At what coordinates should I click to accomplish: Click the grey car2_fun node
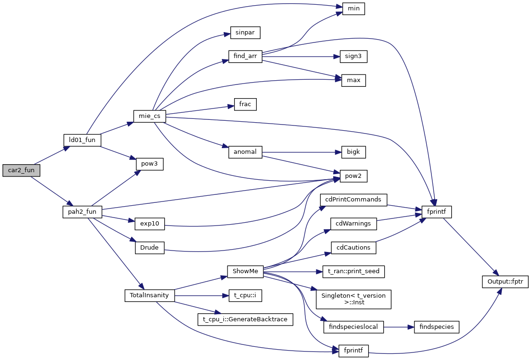tap(21, 170)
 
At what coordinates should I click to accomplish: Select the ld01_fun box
tap(82, 140)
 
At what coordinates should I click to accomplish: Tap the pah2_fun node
tap(82, 212)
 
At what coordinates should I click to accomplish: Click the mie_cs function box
tap(149, 116)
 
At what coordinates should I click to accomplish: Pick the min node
tap(354, 8)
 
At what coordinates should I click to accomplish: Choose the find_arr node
tap(245, 56)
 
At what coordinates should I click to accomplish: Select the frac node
tap(245, 104)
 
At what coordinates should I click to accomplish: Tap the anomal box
tap(245, 152)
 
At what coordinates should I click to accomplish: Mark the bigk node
tap(354, 152)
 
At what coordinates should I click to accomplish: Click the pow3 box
tap(149, 164)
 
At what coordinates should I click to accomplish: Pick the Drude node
tap(149, 248)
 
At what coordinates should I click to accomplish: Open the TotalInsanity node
tap(149, 296)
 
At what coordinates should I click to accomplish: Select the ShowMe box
tap(245, 272)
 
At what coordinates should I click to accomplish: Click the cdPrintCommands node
tap(354, 200)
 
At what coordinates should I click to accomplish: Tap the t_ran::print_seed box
tap(354, 272)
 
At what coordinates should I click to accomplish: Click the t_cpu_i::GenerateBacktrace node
tap(245, 319)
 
